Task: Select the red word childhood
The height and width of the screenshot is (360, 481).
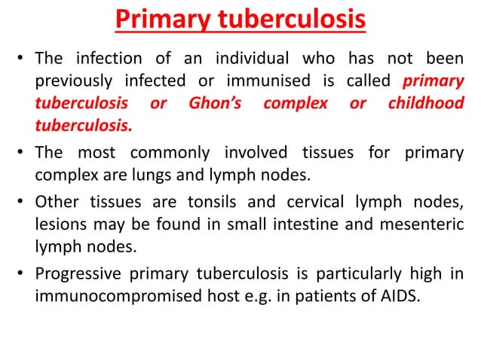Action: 426,104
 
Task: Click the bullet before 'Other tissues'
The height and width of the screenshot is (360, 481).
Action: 22,203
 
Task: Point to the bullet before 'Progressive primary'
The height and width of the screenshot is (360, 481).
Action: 22,273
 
